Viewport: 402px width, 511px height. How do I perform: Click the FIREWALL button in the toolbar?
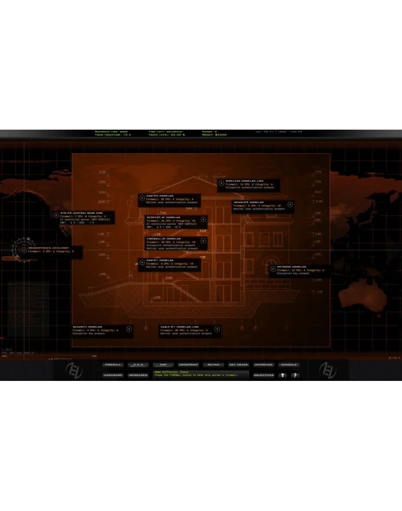(x=113, y=365)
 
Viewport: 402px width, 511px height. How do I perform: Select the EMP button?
(x=163, y=365)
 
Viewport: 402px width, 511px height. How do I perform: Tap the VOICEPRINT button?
(x=188, y=365)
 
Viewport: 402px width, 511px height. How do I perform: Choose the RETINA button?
(x=213, y=365)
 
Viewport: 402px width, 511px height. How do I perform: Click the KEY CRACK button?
(x=239, y=365)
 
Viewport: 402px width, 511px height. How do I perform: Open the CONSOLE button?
(x=289, y=365)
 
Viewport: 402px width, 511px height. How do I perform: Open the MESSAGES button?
(x=138, y=375)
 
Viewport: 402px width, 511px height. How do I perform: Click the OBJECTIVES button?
(x=264, y=375)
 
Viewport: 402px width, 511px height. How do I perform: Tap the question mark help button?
(x=295, y=375)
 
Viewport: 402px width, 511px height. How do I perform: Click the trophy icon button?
(x=283, y=375)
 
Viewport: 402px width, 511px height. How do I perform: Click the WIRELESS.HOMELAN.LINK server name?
(x=244, y=181)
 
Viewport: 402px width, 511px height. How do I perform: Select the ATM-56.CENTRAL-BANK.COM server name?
(x=81, y=213)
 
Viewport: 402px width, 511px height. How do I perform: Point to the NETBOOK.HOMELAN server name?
(x=292, y=267)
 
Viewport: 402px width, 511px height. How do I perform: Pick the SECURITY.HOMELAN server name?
(x=87, y=327)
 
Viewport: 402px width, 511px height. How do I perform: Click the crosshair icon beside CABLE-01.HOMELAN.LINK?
(x=216, y=329)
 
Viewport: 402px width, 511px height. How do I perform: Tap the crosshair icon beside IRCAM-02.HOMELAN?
(x=290, y=204)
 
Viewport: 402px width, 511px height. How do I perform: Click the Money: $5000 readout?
(x=214, y=134)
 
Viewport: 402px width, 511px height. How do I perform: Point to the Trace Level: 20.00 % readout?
(x=167, y=134)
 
